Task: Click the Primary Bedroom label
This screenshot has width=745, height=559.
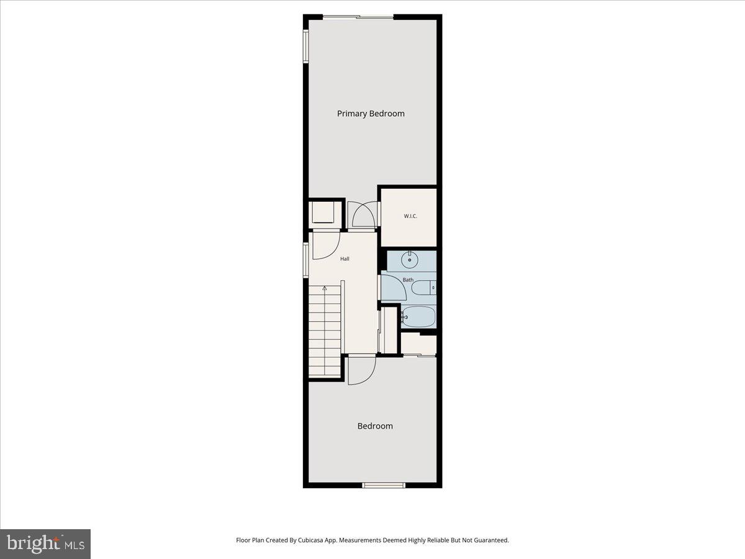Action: (371, 114)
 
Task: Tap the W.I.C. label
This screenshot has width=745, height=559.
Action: (410, 216)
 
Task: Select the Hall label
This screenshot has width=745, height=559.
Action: (345, 258)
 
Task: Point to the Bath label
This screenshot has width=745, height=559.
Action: (408, 280)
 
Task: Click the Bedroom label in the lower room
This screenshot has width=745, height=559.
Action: (375, 426)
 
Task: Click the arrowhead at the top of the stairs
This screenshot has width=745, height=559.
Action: (324, 288)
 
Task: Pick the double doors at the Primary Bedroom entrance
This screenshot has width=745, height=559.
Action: (363, 215)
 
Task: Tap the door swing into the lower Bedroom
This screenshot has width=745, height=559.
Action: (361, 370)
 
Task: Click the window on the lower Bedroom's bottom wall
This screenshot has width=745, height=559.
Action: (384, 485)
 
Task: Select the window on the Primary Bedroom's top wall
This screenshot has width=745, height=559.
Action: (358, 17)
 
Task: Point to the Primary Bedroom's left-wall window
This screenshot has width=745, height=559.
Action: (305, 47)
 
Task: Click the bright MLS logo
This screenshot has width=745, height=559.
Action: (45, 544)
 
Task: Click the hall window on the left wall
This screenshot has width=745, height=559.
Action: (305, 260)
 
